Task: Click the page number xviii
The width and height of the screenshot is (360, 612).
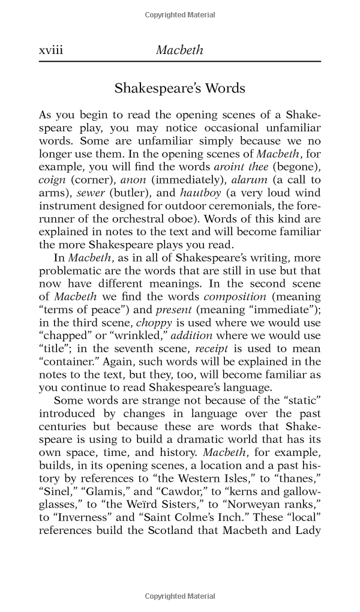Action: click(50, 50)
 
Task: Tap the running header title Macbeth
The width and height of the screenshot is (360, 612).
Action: click(179, 50)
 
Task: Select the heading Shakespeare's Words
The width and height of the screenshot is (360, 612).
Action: click(179, 88)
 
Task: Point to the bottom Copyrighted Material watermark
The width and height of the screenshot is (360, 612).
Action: click(180, 596)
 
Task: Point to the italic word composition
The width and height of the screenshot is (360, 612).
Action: click(235, 296)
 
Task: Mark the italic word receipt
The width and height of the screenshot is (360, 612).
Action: click(235, 347)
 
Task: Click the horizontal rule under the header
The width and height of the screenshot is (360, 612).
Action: click(179, 62)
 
